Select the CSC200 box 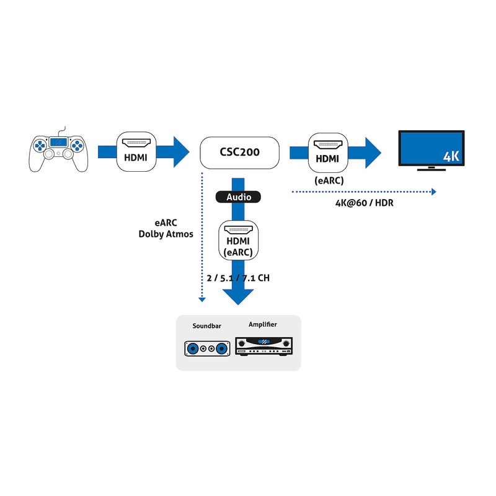[x=239, y=152]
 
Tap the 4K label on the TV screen [x=452, y=156]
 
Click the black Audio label [x=238, y=197]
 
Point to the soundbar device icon [x=206, y=350]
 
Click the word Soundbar [x=206, y=325]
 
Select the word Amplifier [x=263, y=325]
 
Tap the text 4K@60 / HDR [x=365, y=204]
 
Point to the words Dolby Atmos [x=166, y=234]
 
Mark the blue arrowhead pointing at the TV [x=373, y=151]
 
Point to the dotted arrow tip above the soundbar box [x=202, y=300]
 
